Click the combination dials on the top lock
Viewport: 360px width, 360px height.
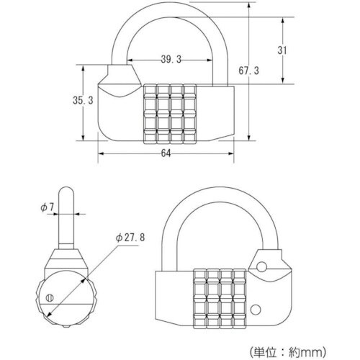pyautogui.click(x=171, y=114)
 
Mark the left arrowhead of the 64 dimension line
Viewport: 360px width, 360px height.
pyautogui.click(x=102, y=153)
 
